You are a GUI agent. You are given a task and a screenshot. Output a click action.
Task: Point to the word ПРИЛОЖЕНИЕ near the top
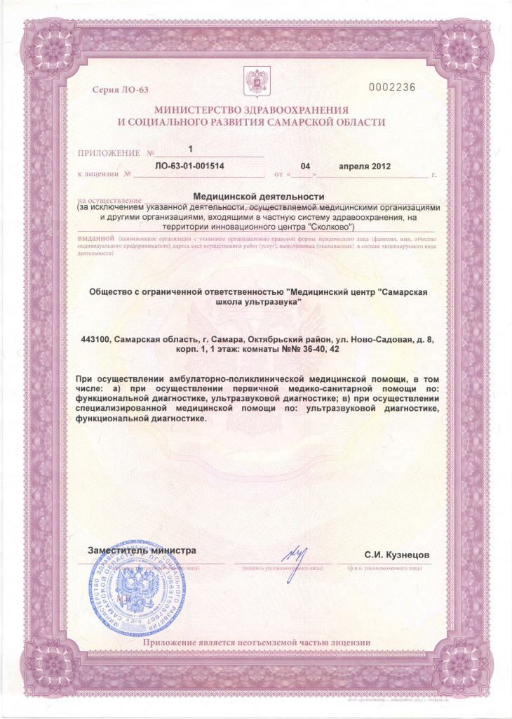tap(108, 152)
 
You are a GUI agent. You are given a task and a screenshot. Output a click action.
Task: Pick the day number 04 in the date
tap(305, 166)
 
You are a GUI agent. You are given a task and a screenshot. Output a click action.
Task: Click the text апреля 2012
tap(364, 166)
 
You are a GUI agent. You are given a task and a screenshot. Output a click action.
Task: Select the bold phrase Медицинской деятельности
tap(258, 197)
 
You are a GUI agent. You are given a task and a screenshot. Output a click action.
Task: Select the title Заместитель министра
tap(142, 550)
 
